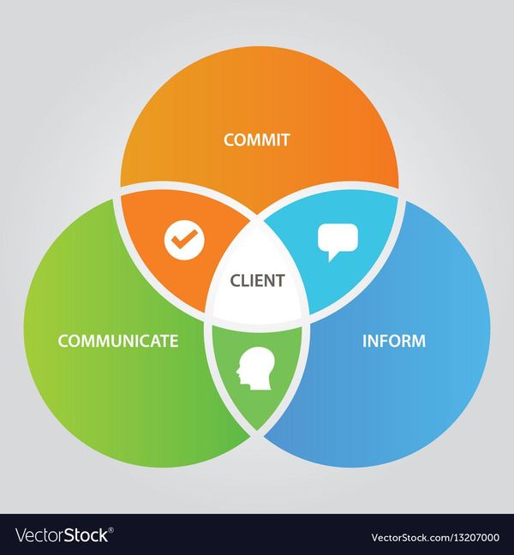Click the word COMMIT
point(257,140)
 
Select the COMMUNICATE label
point(118,341)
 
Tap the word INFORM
point(394,341)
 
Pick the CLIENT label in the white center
point(257,280)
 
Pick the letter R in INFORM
point(407,341)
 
